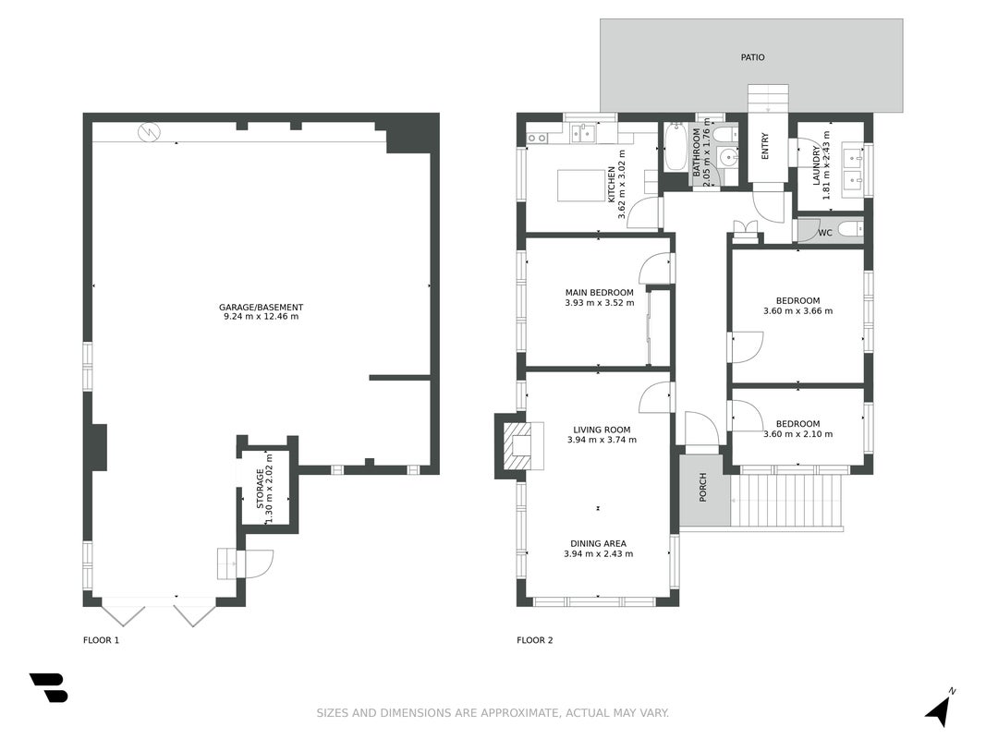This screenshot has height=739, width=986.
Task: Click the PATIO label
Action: tap(752, 57)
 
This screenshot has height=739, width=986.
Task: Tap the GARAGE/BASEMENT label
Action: tap(261, 308)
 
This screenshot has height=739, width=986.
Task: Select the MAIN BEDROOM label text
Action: tap(600, 292)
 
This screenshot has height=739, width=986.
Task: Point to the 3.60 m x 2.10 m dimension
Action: tap(798, 434)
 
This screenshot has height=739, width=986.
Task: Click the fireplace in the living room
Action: tap(521, 445)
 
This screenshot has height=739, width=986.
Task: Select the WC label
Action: tap(825, 233)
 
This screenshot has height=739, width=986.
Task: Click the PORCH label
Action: tap(703, 487)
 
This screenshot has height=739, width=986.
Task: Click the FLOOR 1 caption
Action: tap(102, 640)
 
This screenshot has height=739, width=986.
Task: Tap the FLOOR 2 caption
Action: tap(534, 640)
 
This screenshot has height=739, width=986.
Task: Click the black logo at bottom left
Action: tap(48, 687)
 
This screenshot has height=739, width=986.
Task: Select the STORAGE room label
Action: tap(261, 489)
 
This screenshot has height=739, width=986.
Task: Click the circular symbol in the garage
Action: tap(150, 132)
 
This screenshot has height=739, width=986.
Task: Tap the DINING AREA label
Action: tap(598, 543)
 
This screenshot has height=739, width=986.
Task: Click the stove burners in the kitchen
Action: tap(536, 138)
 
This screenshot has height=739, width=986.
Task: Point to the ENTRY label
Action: tap(765, 146)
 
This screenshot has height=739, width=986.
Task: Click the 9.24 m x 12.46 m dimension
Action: tap(261, 317)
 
